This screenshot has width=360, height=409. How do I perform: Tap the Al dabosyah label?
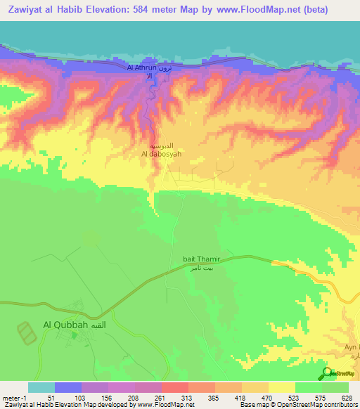click(x=162, y=152)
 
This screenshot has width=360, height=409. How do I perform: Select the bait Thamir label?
click(x=190, y=258)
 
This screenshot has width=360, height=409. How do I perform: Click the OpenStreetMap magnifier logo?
click(x=326, y=373)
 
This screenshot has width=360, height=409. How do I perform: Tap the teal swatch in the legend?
click(x=41, y=387)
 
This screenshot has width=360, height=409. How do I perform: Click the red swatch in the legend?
click(x=174, y=387)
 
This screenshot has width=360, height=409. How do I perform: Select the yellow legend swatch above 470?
click(x=281, y=387)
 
